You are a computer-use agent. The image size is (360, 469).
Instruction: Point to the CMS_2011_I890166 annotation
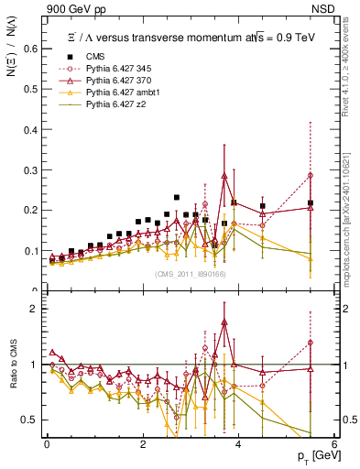[190, 275]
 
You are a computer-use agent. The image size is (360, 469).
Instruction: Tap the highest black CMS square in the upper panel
[177, 197]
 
